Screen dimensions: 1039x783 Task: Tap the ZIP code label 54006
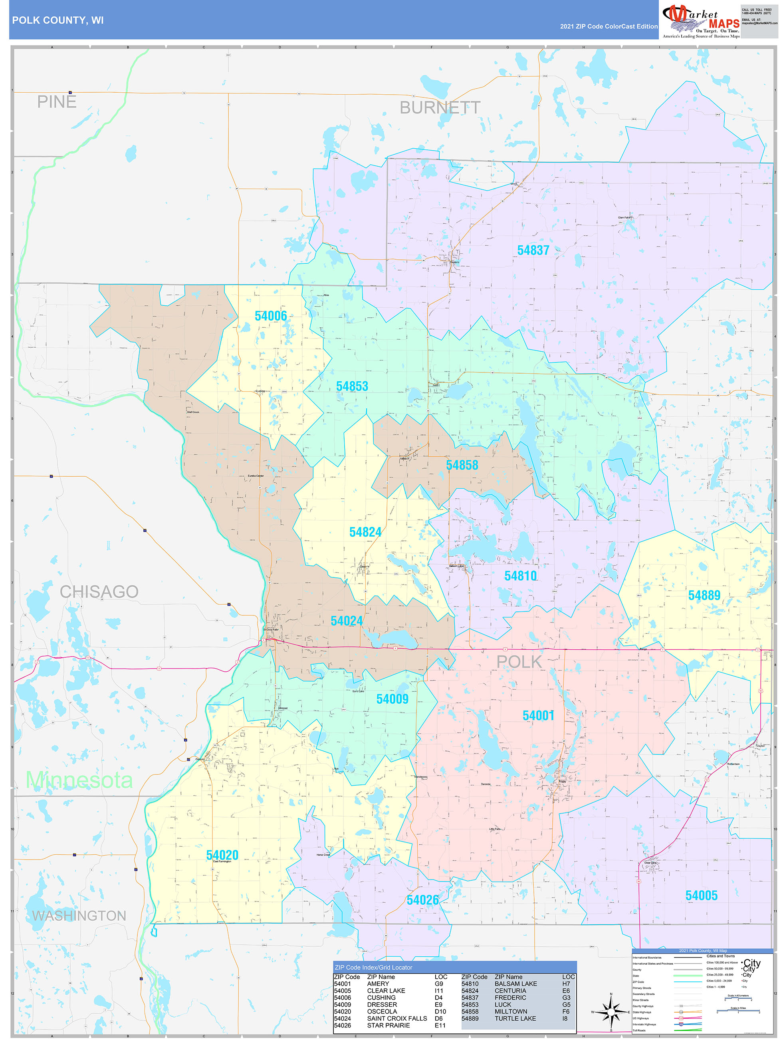270,316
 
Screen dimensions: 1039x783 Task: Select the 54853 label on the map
352,386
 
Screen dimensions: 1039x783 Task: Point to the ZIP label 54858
462,465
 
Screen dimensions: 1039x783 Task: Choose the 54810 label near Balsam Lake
520,576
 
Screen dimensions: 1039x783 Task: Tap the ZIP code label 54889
704,595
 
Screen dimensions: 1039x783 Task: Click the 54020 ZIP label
222,855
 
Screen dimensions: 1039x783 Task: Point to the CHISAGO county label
99,592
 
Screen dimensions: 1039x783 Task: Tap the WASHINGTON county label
79,916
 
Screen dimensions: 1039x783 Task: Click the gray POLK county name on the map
519,662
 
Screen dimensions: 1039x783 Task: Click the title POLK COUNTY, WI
58,20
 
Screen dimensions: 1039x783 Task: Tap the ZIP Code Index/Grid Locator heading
373,967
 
